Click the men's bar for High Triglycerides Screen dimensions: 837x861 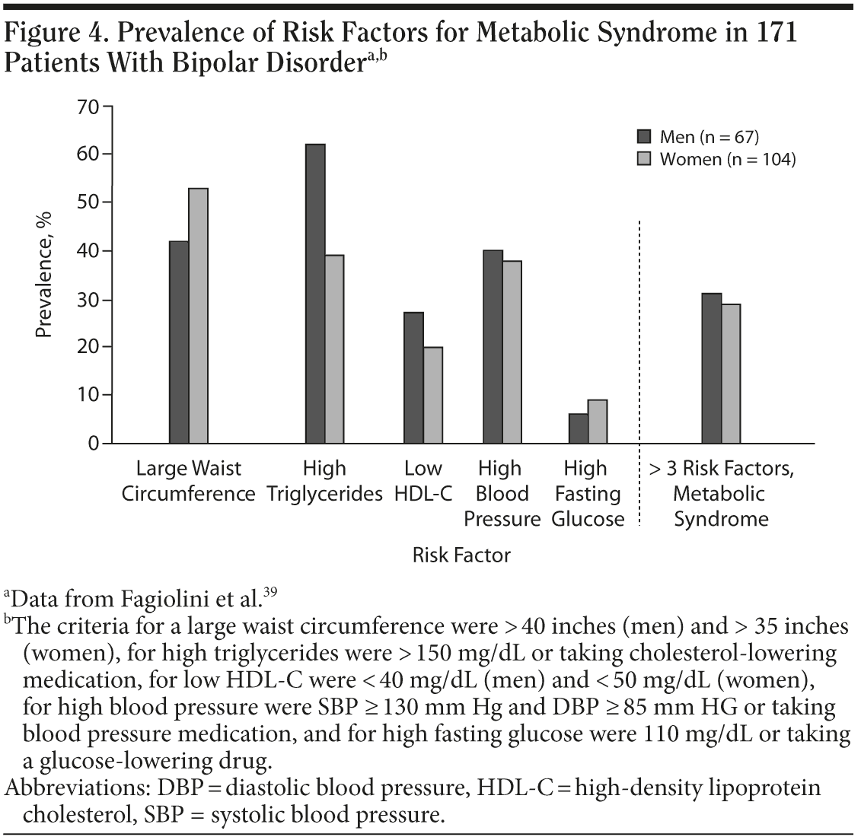pyautogui.click(x=315, y=294)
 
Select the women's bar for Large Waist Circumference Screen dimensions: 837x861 pyautogui.click(x=198, y=316)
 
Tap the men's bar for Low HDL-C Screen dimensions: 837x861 pyautogui.click(x=413, y=377)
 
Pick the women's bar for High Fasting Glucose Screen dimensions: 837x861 pyautogui.click(x=598, y=422)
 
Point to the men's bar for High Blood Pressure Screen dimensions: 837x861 pyautogui.click(x=493, y=347)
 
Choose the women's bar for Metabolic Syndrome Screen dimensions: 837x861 pyautogui.click(x=731, y=374)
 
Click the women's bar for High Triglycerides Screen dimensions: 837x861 pyautogui.click(x=334, y=349)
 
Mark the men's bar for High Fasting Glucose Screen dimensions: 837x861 pyautogui.click(x=579, y=428)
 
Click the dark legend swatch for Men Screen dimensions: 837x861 pyautogui.click(x=644, y=137)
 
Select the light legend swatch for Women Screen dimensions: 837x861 pyautogui.click(x=644, y=159)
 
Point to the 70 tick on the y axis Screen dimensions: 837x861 pyautogui.click(x=107, y=106)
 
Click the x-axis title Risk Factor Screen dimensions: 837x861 pyautogui.click(x=461, y=555)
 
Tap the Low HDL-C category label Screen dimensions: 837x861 pyautogui.click(x=423, y=481)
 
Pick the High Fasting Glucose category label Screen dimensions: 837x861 pyautogui.click(x=587, y=494)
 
